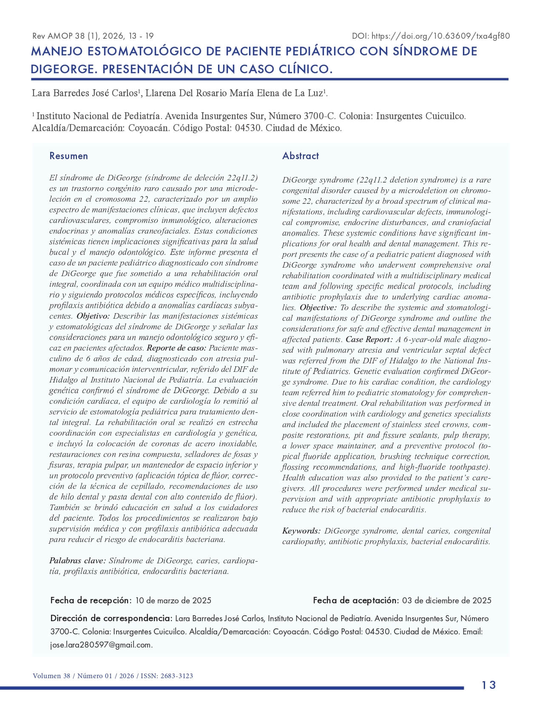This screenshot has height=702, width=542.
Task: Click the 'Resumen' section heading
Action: point(68,156)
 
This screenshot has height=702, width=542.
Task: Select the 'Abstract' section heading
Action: point(301,156)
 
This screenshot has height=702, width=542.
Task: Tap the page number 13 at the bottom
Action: point(489,685)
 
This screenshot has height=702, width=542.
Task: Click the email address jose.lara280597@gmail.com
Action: point(101,645)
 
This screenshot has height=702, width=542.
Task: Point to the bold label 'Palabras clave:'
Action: point(77,561)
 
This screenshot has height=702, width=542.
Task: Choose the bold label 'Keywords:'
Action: point(301,531)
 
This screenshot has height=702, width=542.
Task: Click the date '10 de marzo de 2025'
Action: point(173,600)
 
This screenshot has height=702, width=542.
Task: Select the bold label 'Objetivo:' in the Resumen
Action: point(93,316)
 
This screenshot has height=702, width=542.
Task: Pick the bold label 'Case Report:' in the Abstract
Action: point(369,340)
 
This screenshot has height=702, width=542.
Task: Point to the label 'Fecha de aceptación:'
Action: point(356,600)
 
